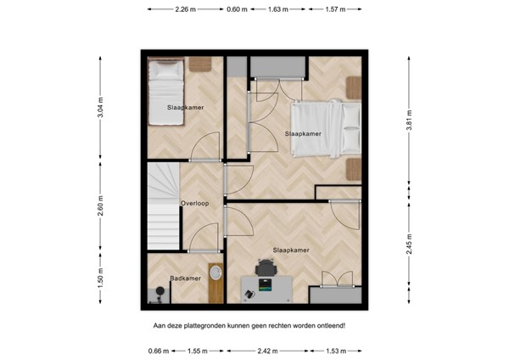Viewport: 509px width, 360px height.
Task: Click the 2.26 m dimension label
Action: pyautogui.click(x=186, y=10)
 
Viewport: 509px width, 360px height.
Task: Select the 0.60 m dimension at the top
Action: pyautogui.click(x=238, y=10)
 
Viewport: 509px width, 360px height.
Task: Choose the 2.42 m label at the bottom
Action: pyautogui.click(x=268, y=350)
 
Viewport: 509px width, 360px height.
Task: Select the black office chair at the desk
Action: pyautogui.click(x=266, y=267)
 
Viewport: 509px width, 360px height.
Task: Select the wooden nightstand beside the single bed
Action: pyautogui.click(x=199, y=64)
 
